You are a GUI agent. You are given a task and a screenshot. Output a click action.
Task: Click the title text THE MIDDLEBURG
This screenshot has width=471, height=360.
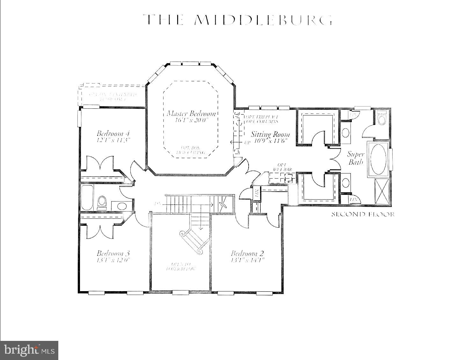coord(237,20)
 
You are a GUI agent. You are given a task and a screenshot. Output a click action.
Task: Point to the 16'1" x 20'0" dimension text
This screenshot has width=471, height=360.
coord(191,120)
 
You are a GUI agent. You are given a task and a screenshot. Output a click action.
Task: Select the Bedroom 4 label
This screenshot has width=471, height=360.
coord(113,133)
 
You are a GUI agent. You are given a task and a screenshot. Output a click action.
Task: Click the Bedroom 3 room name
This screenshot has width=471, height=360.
coord(113,253)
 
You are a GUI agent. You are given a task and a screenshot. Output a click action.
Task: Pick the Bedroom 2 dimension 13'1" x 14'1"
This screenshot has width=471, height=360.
coord(247,260)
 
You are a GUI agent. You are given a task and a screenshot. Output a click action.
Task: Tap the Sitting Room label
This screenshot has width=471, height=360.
coord(270,134)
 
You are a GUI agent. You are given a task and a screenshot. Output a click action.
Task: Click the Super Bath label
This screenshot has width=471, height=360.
coord(356,158)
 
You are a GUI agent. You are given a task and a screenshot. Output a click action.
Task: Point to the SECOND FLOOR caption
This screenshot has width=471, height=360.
coord(363,214)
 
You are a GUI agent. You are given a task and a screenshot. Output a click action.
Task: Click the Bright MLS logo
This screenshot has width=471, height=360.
coord(29,350)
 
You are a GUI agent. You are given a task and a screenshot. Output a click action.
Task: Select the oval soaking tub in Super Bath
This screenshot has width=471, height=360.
coord(378,159)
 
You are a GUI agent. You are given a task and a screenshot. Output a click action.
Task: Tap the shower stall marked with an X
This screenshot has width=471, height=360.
coord(381,191)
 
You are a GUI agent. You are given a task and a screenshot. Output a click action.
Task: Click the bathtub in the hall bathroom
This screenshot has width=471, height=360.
coord(87,198)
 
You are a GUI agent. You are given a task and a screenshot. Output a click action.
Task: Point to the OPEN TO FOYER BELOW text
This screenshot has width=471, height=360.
coord(181,267)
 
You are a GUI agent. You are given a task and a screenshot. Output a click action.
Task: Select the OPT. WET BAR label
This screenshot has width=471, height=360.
coord(282,167)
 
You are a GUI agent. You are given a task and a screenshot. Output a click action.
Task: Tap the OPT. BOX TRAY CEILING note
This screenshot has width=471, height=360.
coord(191,150)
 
